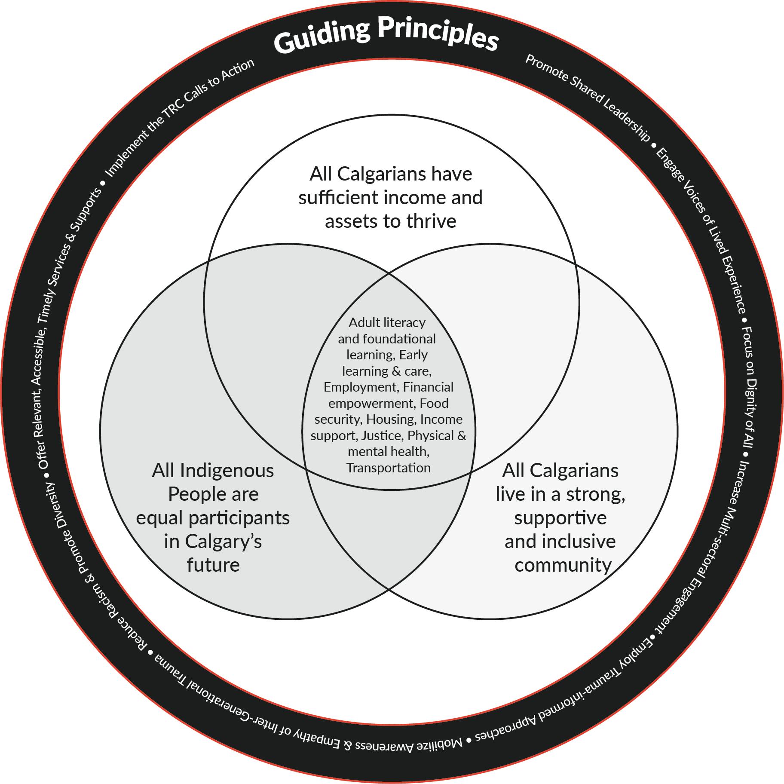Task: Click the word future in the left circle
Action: point(213,565)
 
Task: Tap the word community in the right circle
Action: point(563,565)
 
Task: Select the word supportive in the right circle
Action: point(560,518)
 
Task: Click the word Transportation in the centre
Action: point(389,468)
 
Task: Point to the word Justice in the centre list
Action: point(381,435)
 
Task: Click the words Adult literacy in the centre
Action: point(387,322)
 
